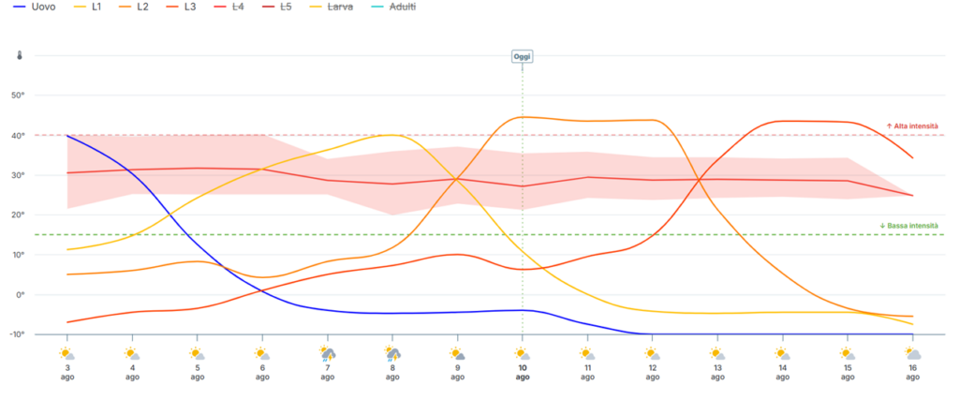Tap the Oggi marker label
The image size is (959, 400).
click(523, 57)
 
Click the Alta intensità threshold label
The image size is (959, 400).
click(912, 126)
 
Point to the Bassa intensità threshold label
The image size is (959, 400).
click(908, 226)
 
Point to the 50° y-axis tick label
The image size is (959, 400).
click(19, 96)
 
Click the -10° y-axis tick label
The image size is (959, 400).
click(17, 334)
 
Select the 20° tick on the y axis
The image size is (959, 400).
click(19, 215)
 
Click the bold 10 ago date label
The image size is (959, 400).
click(523, 373)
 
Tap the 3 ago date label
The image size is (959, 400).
click(66, 373)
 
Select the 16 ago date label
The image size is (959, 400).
click(912, 373)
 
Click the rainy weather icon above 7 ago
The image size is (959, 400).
click(327, 354)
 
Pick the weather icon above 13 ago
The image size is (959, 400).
click(717, 353)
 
